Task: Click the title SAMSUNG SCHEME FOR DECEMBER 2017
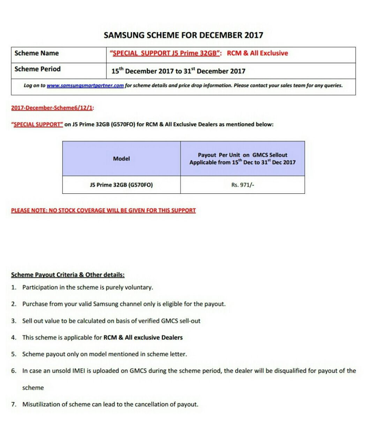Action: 183,35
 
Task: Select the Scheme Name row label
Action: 37,53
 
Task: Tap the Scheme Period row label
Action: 38,69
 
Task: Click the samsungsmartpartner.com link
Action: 85,86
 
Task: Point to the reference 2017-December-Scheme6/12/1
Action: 52,108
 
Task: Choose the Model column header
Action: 121,159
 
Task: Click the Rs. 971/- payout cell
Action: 242,185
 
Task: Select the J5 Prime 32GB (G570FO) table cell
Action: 121,185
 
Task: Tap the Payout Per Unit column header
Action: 242,159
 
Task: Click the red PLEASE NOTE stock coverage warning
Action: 103,210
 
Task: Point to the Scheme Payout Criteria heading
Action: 68,275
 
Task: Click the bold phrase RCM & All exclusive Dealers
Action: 143,338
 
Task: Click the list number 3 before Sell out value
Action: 14,321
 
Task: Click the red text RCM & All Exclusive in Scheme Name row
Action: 257,53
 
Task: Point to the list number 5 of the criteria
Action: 14,354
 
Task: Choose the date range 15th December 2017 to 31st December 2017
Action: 178,71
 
